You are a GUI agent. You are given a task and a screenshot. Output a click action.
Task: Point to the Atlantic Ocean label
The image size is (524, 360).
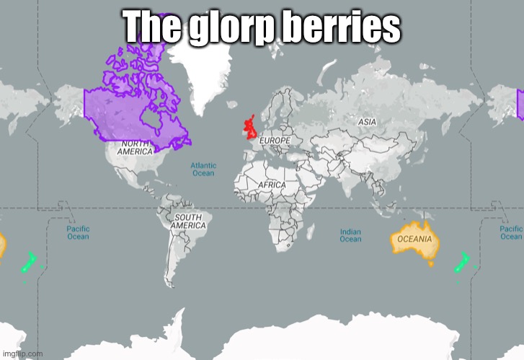click(x=203, y=169)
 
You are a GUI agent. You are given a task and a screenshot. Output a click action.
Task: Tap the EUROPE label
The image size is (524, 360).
click(x=275, y=139)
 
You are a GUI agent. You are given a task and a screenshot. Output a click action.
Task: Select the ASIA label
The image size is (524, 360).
click(x=368, y=123)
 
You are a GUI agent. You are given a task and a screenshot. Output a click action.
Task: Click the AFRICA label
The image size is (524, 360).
click(x=272, y=185)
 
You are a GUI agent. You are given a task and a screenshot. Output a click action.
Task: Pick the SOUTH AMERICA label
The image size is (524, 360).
click(x=188, y=221)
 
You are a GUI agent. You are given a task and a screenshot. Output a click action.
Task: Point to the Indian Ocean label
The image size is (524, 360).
click(x=350, y=235)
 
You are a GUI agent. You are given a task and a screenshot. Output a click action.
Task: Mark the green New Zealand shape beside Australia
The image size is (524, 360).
click(x=460, y=263)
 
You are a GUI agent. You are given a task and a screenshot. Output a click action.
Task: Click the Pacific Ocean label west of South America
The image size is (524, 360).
click(x=78, y=232)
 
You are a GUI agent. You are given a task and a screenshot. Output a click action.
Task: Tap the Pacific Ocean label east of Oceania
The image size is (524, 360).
click(x=511, y=232)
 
